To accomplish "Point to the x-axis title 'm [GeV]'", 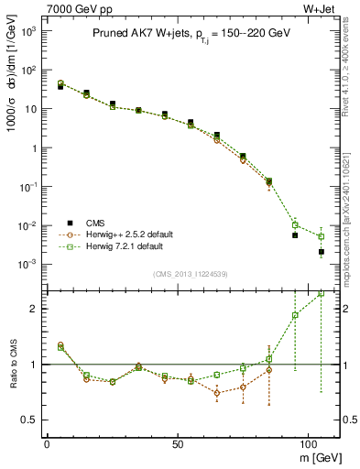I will tap(317, 455).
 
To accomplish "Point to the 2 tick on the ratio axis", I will tap(33, 309).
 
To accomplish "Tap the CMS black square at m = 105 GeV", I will tap(321, 252).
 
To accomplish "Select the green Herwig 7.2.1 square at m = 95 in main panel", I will tap(295, 224).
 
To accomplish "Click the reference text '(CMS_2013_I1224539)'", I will tap(191, 273).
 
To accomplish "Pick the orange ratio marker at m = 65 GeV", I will tap(216, 393).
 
